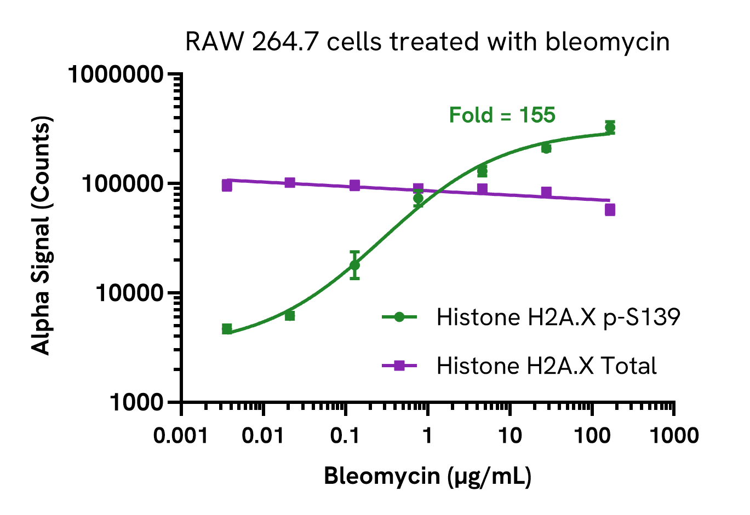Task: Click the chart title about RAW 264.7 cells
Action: [427, 42]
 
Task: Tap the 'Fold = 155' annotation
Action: [502, 115]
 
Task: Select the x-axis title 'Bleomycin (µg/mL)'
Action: [427, 476]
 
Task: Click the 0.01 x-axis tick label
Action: [264, 436]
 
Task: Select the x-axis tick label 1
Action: [427, 436]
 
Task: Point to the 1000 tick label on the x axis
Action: [674, 436]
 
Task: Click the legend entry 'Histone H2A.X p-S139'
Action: [558, 317]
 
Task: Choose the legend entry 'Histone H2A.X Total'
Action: [546, 366]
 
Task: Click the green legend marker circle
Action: [399, 317]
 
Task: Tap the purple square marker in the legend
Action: [399, 366]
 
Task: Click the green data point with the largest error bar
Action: [354, 265]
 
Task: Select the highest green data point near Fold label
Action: [610, 128]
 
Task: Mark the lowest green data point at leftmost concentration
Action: [227, 329]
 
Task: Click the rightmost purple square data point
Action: [610, 210]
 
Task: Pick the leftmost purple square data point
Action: [227, 186]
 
